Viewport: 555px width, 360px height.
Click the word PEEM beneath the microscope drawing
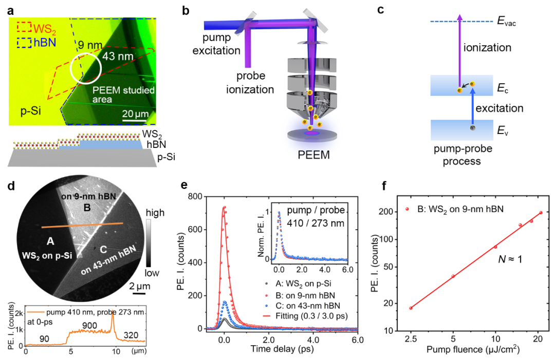point(311,154)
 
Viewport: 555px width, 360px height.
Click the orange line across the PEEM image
point(82,225)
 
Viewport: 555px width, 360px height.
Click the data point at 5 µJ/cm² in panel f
point(453,276)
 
